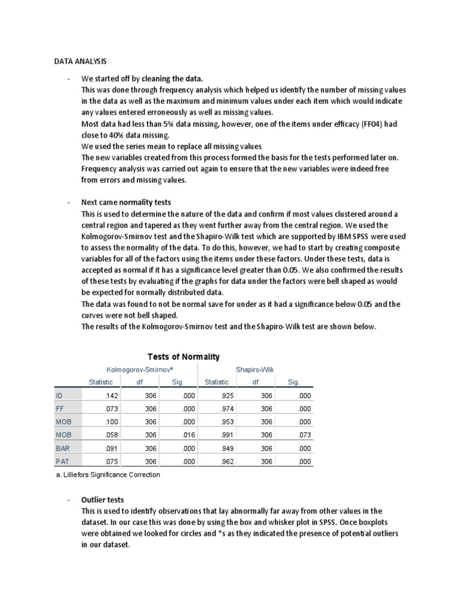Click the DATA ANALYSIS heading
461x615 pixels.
[x=80, y=61]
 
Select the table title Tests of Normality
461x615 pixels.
[x=184, y=357]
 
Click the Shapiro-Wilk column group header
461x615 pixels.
[x=254, y=369]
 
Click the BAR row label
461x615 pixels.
[x=63, y=448]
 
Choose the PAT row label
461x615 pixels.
[x=63, y=461]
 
